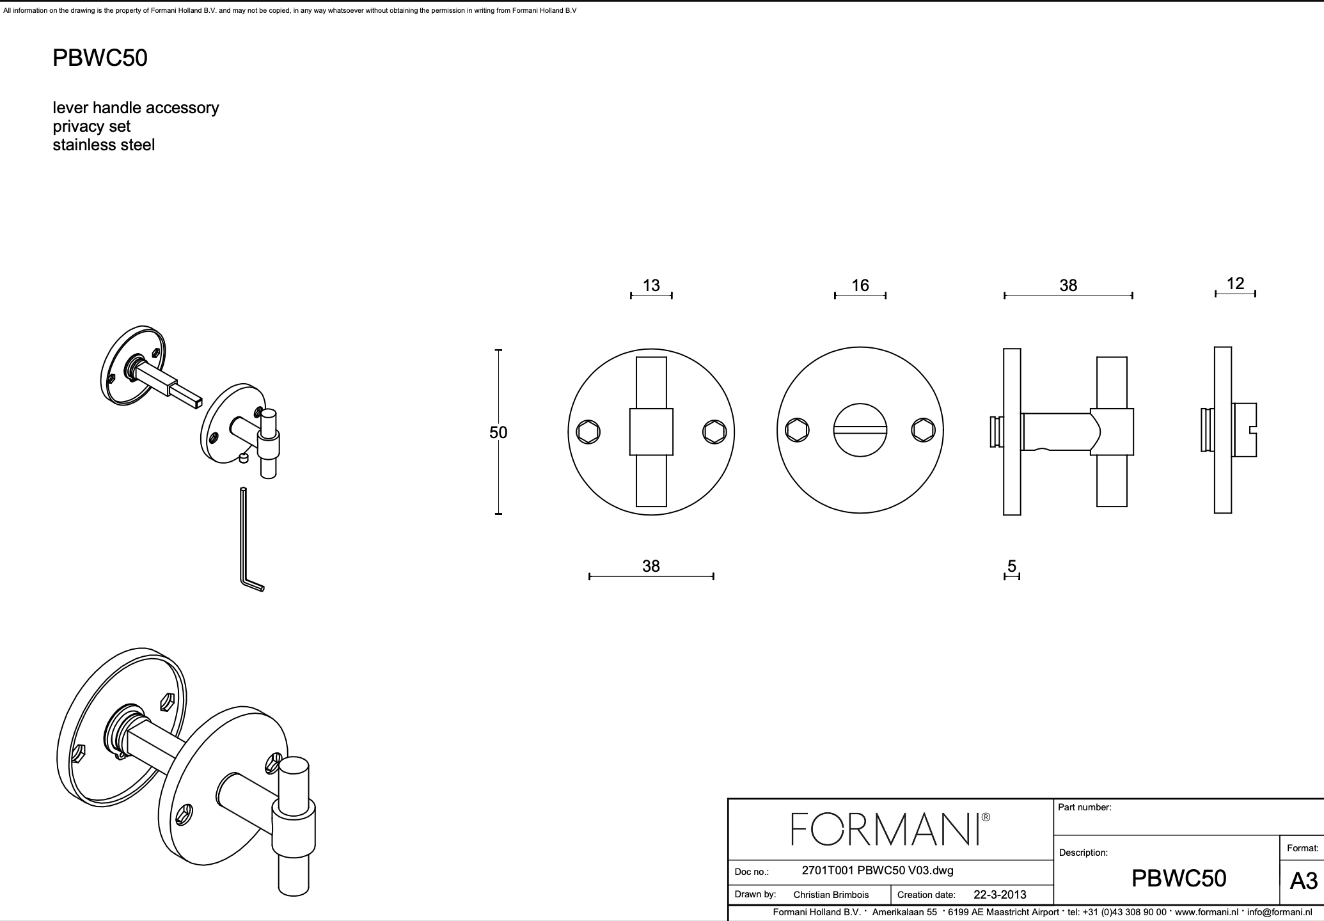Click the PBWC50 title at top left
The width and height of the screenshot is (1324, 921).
(x=100, y=58)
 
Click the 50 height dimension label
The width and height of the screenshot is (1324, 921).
(x=498, y=433)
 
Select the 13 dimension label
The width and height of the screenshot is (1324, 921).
(x=651, y=285)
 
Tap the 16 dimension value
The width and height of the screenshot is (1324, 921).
(x=860, y=285)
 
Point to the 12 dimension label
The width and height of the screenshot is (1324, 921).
(x=1235, y=283)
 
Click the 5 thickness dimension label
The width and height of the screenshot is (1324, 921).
(x=1012, y=566)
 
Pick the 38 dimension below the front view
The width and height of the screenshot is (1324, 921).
(x=650, y=566)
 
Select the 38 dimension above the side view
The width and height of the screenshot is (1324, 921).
(x=1068, y=285)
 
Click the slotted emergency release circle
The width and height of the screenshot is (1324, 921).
(x=860, y=430)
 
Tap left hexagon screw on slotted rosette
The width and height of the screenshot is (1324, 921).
(x=798, y=430)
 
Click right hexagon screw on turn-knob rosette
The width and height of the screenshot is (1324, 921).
(x=714, y=432)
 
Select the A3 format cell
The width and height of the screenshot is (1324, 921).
(x=1303, y=881)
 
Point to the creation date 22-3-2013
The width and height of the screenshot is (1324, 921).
(x=999, y=895)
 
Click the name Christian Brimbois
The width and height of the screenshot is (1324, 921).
(x=831, y=895)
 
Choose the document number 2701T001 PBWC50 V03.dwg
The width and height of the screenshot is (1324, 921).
(x=877, y=870)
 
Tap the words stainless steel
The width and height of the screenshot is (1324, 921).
(x=104, y=145)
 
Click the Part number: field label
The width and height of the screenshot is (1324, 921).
(x=1084, y=808)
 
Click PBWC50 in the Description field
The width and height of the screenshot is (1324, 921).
(x=1178, y=879)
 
